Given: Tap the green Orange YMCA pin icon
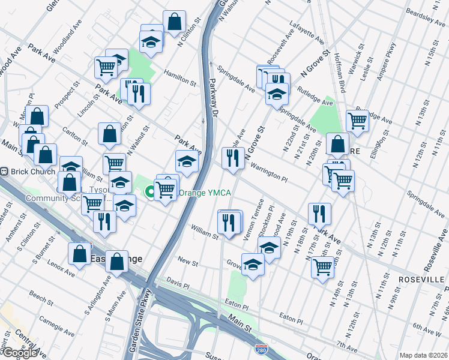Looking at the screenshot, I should [149, 193].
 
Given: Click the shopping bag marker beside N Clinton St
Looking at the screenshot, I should [174, 22].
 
